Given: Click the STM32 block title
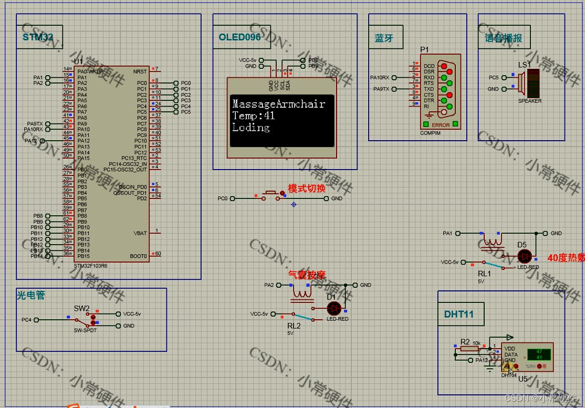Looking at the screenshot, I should tap(38, 37).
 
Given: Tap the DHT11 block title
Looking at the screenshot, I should tap(459, 314).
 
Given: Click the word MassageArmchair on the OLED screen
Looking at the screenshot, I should tap(278, 104).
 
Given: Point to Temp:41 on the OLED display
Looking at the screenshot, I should tap(254, 116).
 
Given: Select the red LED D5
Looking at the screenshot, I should tap(524, 256).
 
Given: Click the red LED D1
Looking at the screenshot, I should tap(334, 308).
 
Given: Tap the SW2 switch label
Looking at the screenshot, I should tap(82, 308).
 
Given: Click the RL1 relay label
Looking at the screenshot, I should tap(484, 274).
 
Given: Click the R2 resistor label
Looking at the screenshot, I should tap(465, 342).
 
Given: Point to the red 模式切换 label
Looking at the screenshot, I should tap(307, 189).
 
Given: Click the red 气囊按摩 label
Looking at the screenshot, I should tap(307, 275).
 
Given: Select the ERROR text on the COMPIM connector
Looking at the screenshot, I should tap(441, 125).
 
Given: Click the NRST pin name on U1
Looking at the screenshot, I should tap(140, 71).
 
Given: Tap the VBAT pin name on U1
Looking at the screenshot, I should tap(140, 233).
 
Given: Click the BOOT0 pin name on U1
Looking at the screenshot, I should tap(139, 256).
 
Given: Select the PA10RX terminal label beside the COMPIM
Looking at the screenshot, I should tap(380, 78).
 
